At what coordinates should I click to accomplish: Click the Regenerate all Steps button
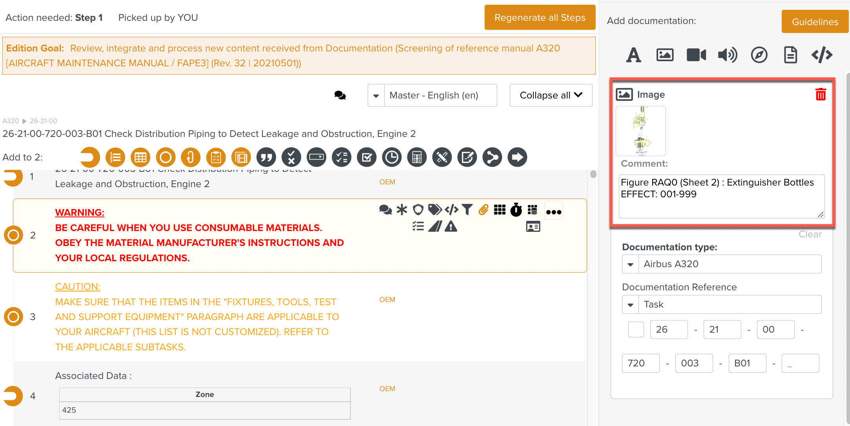[x=540, y=18]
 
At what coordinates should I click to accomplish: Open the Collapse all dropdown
[x=551, y=95]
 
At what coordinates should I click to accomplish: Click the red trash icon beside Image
[x=821, y=95]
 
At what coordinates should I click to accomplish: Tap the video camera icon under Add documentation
[x=696, y=55]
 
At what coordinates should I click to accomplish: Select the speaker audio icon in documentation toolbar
[x=727, y=55]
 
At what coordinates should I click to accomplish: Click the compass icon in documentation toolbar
[x=759, y=55]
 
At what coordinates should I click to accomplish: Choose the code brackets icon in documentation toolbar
[x=822, y=55]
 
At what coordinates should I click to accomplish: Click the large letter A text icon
[x=633, y=55]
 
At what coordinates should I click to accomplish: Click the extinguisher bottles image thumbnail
[x=640, y=131]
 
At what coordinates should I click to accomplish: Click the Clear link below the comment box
[x=810, y=234]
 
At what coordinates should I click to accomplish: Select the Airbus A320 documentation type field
[x=729, y=264]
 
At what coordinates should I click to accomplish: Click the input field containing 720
[x=640, y=363]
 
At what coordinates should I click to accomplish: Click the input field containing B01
[x=747, y=363]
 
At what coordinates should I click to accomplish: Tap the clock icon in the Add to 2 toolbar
[x=392, y=157]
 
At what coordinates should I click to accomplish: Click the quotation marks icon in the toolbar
[x=266, y=157]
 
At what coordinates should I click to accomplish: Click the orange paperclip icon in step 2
[x=483, y=210]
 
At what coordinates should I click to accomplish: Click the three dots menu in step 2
[x=554, y=212]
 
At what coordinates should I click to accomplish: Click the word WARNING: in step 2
[x=80, y=213]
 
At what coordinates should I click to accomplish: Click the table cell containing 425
[x=204, y=410]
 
